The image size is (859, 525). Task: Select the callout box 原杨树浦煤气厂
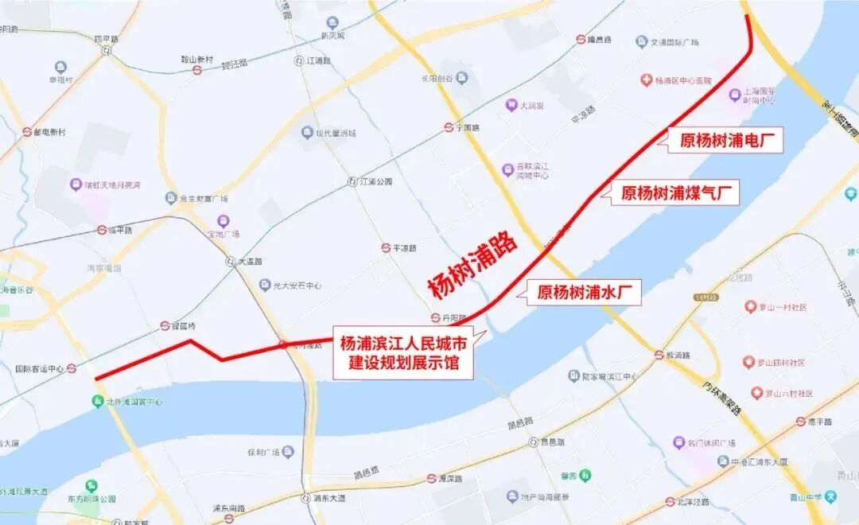680,192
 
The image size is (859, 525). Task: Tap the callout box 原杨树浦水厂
589,292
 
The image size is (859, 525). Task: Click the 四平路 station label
106,38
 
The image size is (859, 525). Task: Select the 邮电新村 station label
49,132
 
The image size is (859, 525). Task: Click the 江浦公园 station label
375,181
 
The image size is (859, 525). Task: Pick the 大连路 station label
249,261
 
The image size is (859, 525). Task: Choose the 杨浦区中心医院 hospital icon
646,80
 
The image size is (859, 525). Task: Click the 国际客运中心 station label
40,368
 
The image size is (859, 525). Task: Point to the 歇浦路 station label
678,355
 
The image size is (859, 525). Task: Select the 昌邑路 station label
552,441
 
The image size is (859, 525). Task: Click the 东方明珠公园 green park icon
92,485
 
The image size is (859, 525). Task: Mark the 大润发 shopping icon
511,104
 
